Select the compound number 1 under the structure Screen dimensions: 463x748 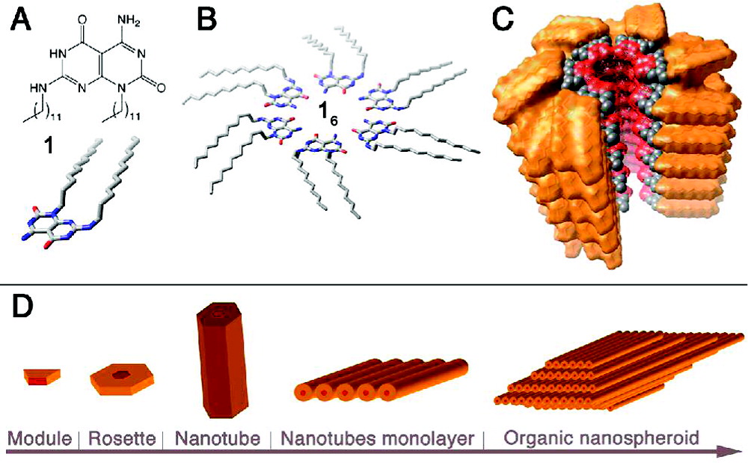click(47, 146)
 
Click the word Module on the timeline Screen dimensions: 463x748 click(38, 437)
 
